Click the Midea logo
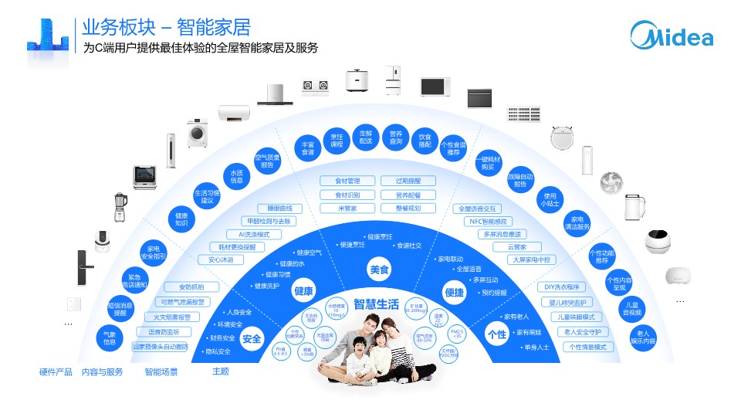pos(672,34)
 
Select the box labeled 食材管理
pos(347,181)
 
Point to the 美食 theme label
pos(379,270)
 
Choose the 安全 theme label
pos(252,338)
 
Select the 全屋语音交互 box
pos(479,208)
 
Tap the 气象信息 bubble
pos(110,337)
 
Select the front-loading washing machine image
pos(199,133)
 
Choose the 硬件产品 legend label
pos(56,372)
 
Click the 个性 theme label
pos(497,334)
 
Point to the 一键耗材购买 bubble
pos(488,163)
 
